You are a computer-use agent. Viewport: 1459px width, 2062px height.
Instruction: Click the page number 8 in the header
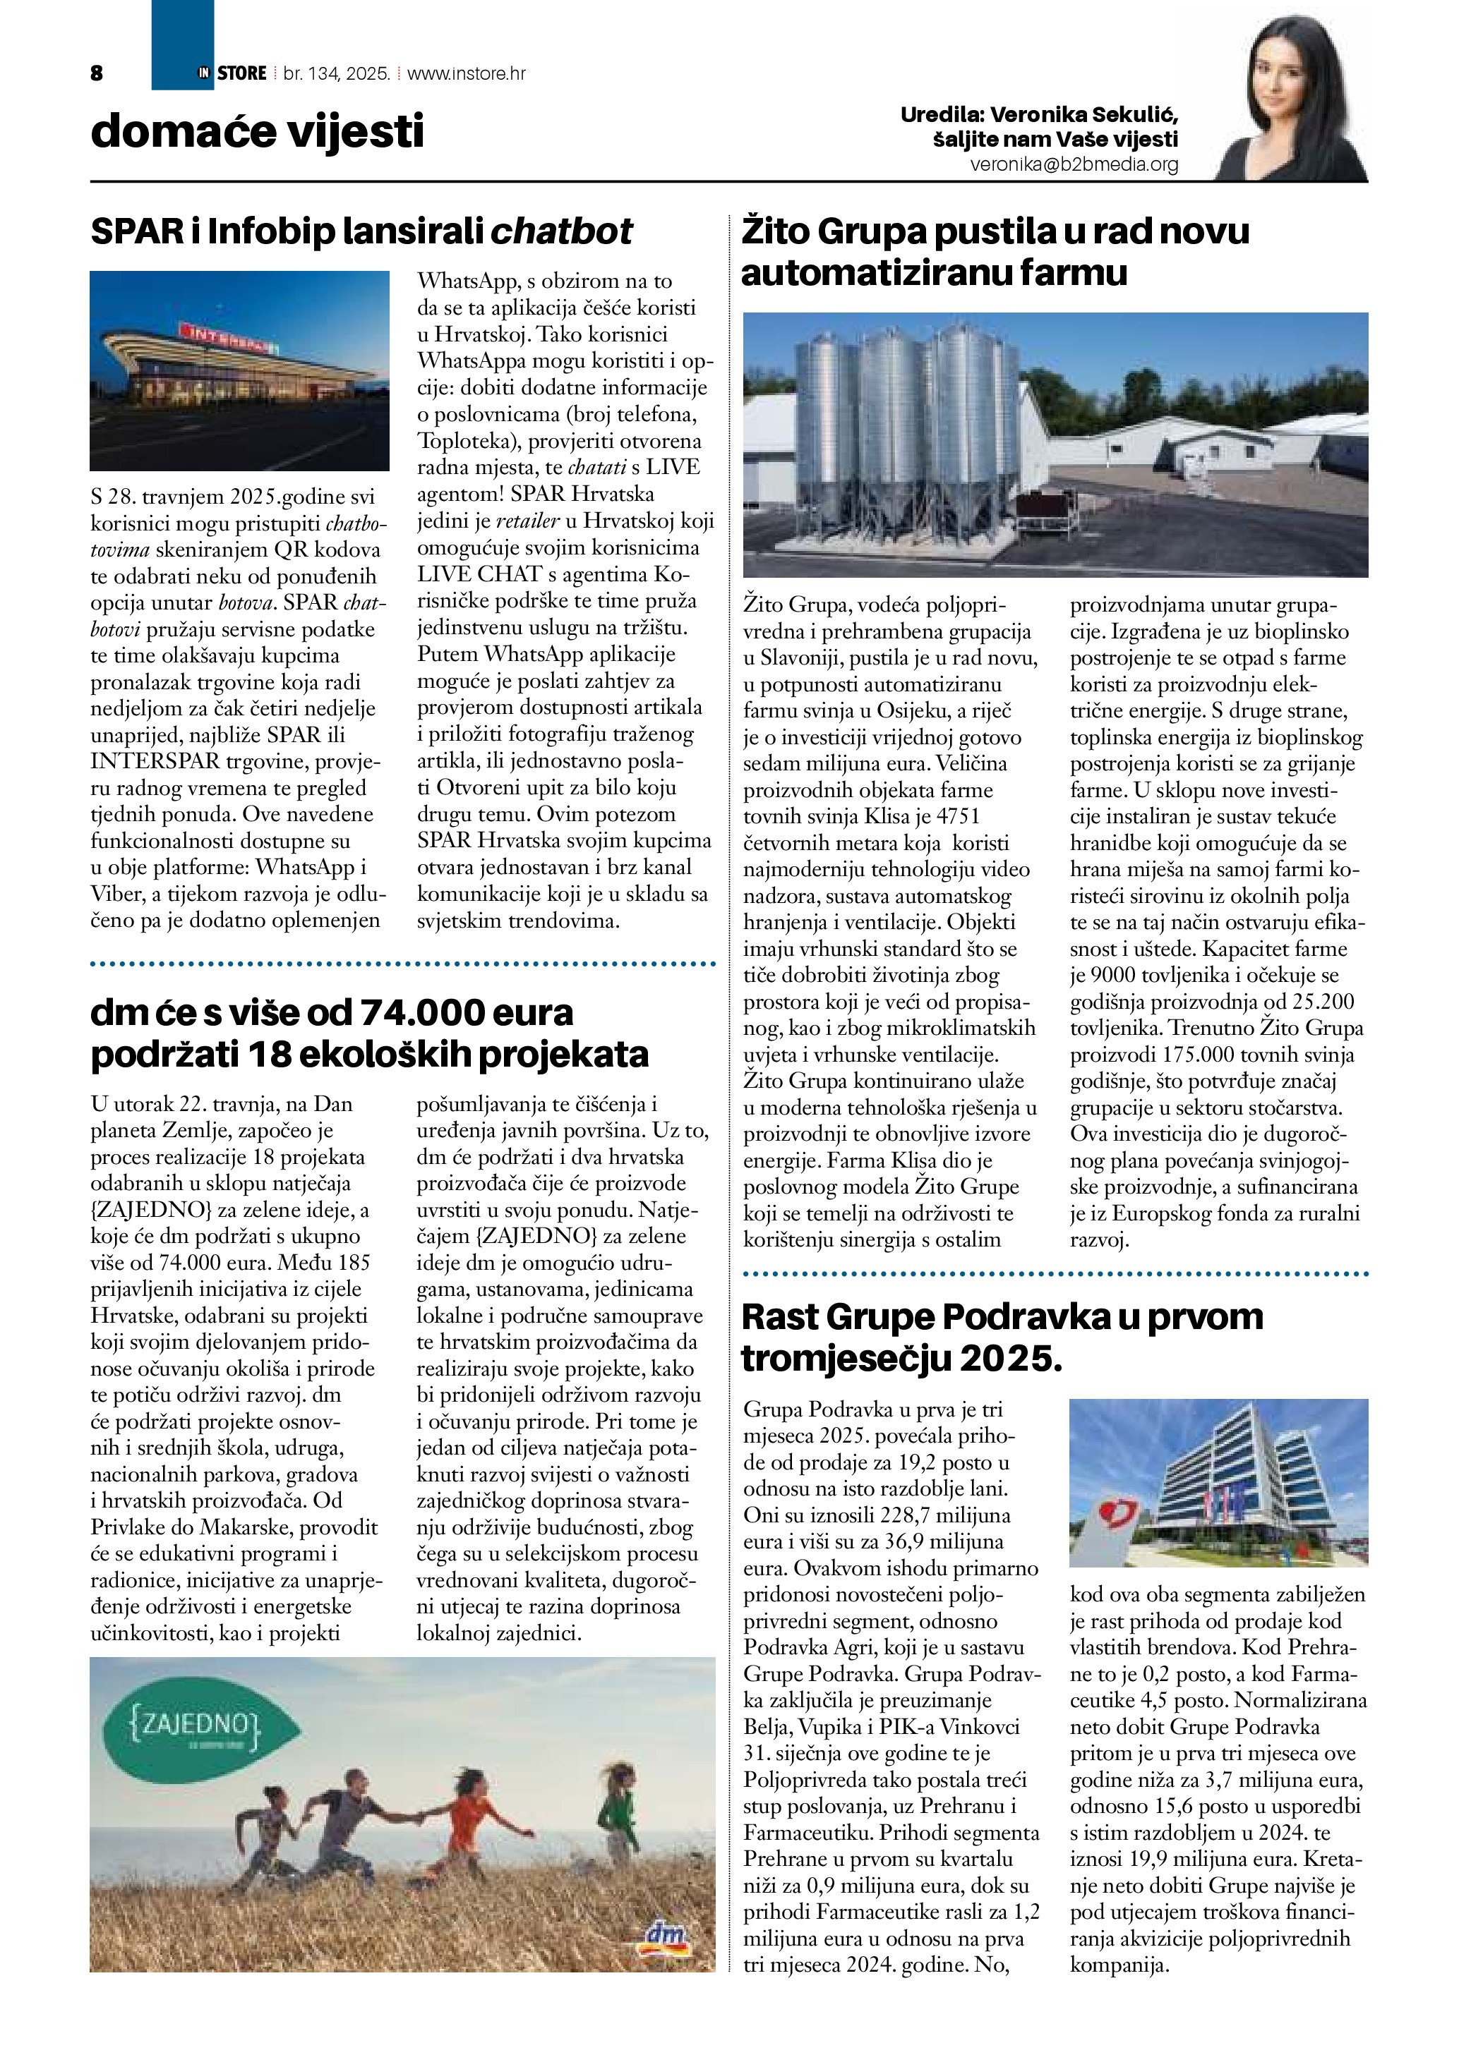click(x=97, y=73)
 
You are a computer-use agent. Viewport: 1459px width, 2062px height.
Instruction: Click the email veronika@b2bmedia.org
click(x=1074, y=165)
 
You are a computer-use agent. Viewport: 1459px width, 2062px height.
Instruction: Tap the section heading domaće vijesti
click(x=257, y=131)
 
